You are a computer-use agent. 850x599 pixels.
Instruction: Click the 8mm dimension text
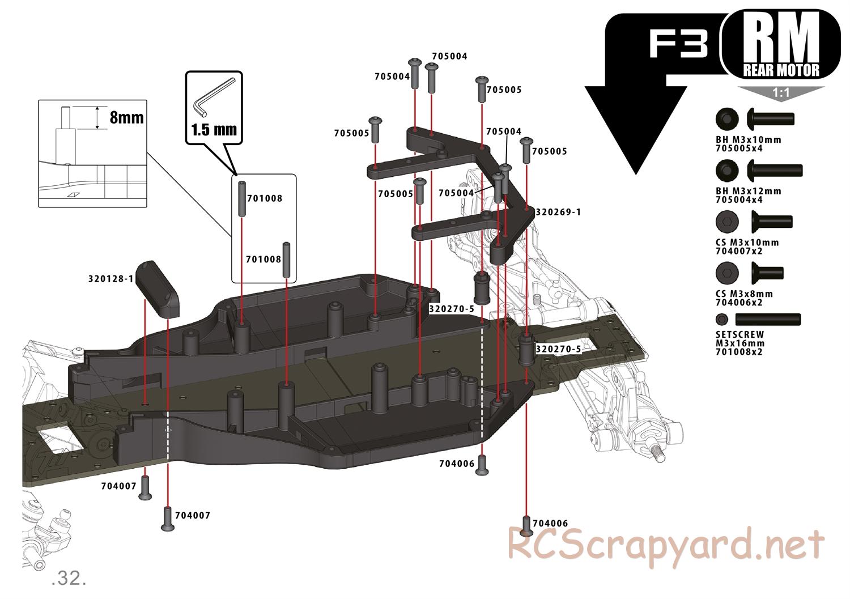pyautogui.click(x=126, y=117)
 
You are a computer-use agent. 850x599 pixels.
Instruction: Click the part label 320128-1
pyautogui.click(x=110, y=279)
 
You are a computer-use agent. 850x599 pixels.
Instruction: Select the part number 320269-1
pyautogui.click(x=558, y=212)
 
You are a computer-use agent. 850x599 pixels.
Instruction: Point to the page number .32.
pyautogui.click(x=69, y=579)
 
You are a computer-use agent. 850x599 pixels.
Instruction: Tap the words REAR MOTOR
pyautogui.click(x=781, y=70)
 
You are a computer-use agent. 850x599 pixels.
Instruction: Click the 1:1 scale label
pyautogui.click(x=781, y=93)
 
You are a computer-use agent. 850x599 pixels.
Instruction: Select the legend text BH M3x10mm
pyautogui.click(x=748, y=140)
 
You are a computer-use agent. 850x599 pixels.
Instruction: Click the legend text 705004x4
pyautogui.click(x=747, y=199)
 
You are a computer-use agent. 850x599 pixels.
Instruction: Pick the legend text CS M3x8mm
pyautogui.click(x=744, y=294)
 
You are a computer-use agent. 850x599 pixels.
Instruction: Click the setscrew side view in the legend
pyautogui.click(x=776, y=319)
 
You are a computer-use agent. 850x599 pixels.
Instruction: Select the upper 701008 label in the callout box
pyautogui.click(x=265, y=198)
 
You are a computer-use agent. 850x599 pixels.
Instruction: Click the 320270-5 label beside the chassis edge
pyautogui.click(x=558, y=349)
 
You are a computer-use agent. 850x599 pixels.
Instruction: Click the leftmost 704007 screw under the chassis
pyautogui.click(x=144, y=488)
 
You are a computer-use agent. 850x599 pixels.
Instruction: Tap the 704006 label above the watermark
pyautogui.click(x=550, y=524)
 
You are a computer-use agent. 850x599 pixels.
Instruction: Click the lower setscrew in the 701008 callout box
pyautogui.click(x=287, y=260)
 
